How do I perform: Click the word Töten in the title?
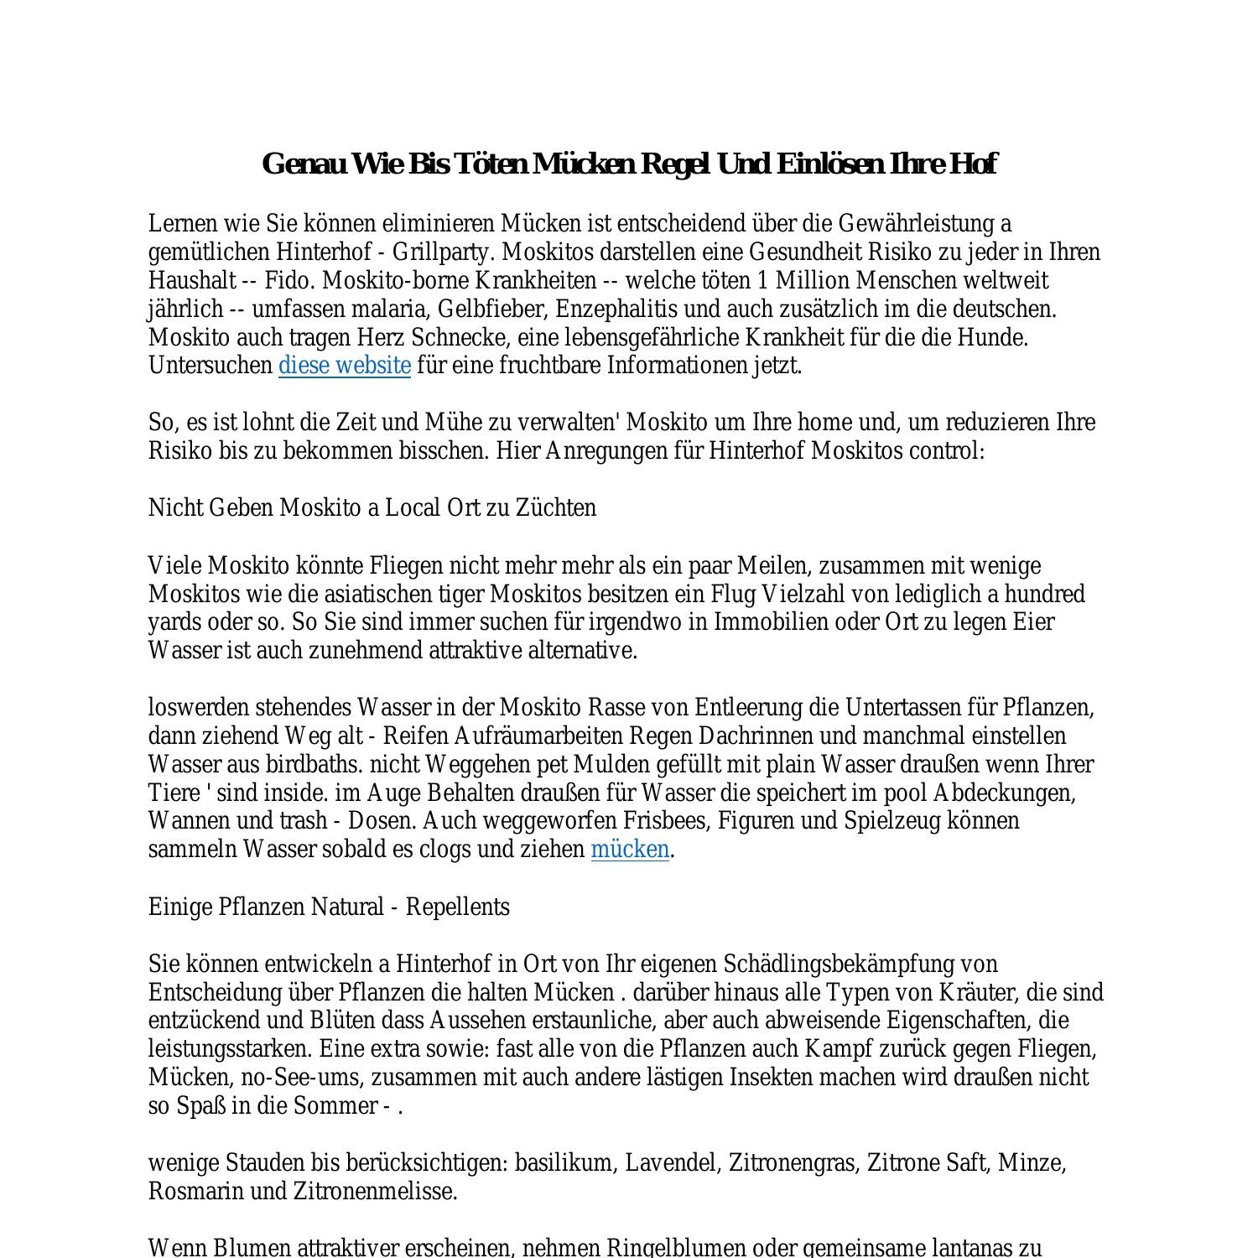click(490, 164)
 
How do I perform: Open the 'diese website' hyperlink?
click(344, 366)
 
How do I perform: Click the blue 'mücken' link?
click(630, 850)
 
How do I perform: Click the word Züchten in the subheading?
click(555, 508)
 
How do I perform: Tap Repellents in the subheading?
click(458, 907)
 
